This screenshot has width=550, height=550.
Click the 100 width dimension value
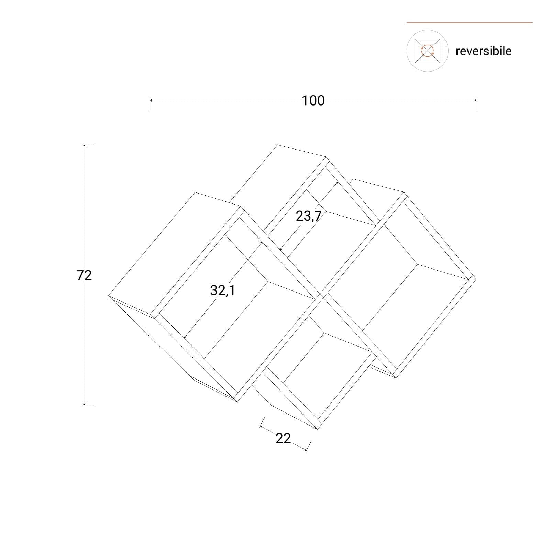[313, 101]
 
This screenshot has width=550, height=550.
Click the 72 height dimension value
[84, 275]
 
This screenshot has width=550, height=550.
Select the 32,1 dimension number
[223, 291]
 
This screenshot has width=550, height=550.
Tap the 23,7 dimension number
[309, 216]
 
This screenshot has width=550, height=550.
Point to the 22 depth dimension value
[283, 438]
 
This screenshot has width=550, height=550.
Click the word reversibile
[484, 51]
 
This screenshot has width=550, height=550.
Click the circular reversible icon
[427, 51]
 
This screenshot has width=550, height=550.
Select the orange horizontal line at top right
[470, 23]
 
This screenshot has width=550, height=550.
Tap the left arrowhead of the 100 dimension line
[151, 100]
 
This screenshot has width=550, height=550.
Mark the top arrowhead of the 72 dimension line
[84, 146]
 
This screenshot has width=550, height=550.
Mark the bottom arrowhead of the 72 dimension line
[84, 403]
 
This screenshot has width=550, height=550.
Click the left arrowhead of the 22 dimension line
[261, 427]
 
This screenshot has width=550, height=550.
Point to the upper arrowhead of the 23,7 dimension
[337, 183]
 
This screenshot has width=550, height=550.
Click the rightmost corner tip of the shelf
[476, 277]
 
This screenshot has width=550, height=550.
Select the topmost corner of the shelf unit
[277, 145]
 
